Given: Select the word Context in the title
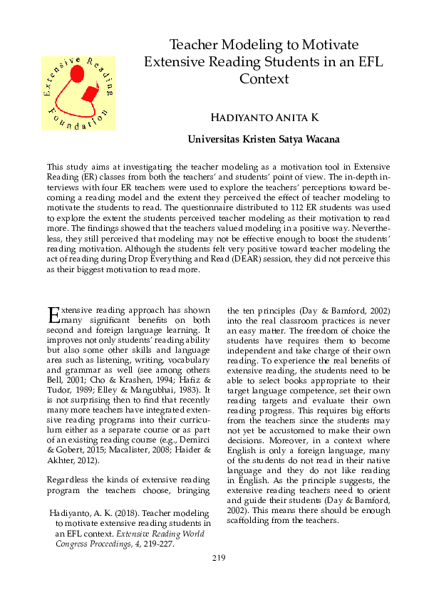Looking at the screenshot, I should click(x=264, y=79).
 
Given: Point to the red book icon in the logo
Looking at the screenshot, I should click(x=90, y=93).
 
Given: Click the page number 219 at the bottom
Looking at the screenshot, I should click(x=219, y=557).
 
